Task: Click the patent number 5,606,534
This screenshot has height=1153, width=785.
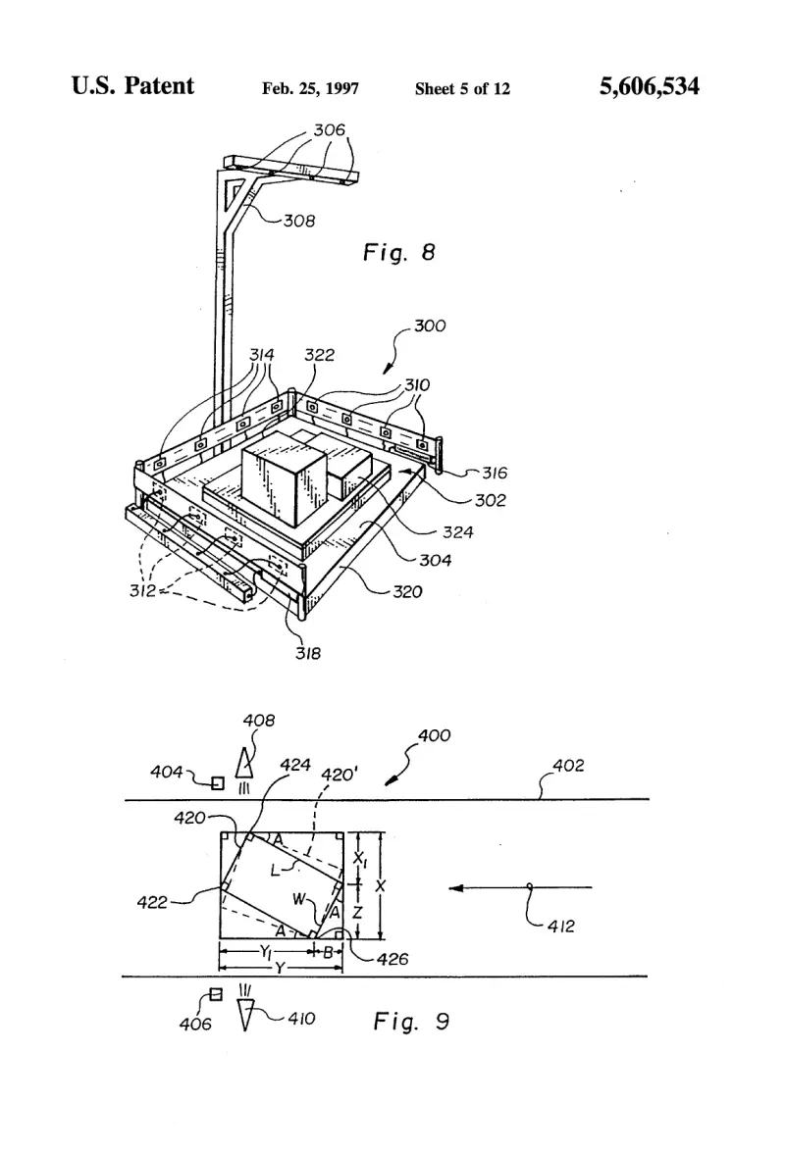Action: coord(649,86)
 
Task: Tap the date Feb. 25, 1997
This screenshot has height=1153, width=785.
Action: coord(310,89)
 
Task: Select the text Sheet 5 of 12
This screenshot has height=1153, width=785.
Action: coord(462,89)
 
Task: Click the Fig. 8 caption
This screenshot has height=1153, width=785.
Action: coord(398,253)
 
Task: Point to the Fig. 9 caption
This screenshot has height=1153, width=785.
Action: coord(410,1021)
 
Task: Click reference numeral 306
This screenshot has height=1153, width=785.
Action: coord(329,130)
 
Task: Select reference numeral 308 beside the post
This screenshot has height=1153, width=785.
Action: coord(299,221)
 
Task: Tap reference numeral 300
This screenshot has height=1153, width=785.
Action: coord(430,326)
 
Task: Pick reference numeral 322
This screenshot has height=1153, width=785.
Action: coord(319,355)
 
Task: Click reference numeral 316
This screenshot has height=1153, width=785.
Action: coord(495,473)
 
